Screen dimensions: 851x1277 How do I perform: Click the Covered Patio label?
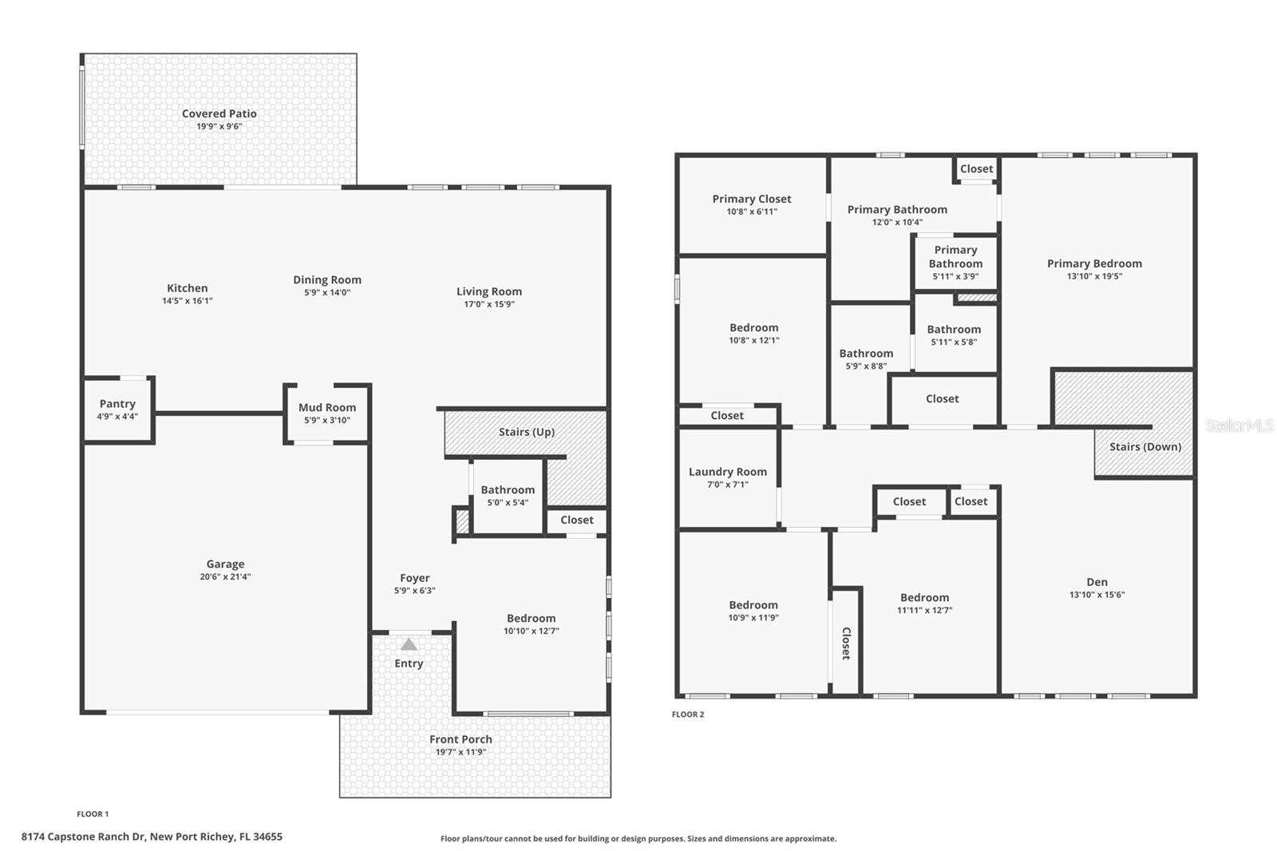click(x=219, y=114)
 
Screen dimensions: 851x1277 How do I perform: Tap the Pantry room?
click(x=117, y=410)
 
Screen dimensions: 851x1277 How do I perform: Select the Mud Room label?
click(x=327, y=407)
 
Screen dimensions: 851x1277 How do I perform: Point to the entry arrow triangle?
click(x=409, y=644)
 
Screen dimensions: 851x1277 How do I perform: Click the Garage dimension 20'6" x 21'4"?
click(x=225, y=576)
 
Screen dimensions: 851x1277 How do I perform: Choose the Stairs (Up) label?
click(x=526, y=432)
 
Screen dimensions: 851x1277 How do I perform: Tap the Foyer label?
click(x=414, y=578)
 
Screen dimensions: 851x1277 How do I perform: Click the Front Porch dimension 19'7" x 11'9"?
click(x=461, y=752)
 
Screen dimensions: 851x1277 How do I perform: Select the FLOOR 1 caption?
click(x=93, y=814)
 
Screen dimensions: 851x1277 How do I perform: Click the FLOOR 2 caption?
click(x=688, y=714)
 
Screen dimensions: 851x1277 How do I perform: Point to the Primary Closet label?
click(x=751, y=199)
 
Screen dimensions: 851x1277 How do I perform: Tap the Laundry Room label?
click(x=727, y=472)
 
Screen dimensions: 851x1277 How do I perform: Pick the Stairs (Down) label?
click(x=1145, y=446)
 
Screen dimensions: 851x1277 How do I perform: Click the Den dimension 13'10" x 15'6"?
click(x=1097, y=595)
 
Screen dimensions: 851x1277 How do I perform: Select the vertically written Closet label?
click(x=846, y=643)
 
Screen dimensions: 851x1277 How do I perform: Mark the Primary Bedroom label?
click(x=1093, y=263)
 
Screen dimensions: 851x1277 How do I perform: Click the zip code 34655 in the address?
click(x=267, y=837)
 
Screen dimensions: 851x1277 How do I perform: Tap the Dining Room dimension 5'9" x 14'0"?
click(x=326, y=293)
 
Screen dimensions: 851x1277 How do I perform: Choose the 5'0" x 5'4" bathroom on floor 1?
click(x=508, y=496)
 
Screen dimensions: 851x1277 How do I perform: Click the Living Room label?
click(x=488, y=291)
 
